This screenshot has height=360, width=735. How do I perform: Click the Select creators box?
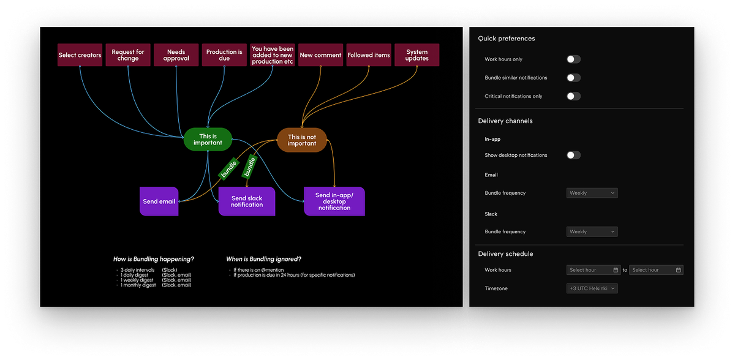[80, 55]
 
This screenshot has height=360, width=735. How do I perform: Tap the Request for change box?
[128, 55]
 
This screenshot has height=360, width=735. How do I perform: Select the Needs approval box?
[176, 55]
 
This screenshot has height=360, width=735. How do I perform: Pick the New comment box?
[320, 55]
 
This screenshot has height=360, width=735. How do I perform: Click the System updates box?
[417, 55]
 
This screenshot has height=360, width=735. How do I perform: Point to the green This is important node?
[208, 140]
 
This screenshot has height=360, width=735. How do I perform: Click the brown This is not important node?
[302, 140]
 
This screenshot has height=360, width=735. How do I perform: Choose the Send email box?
[159, 201]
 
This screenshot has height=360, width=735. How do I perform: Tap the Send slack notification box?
[247, 201]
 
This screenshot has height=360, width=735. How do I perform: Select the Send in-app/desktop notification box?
[334, 201]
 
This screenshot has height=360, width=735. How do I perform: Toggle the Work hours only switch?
[573, 59]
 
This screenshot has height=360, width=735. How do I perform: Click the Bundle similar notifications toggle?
[573, 78]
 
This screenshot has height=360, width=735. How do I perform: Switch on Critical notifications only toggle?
[573, 96]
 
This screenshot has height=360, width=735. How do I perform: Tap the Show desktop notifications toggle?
[573, 155]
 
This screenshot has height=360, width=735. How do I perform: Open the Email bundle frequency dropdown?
[592, 193]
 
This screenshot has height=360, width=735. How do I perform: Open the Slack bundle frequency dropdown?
[592, 231]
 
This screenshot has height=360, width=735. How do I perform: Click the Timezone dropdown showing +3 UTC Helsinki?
[592, 288]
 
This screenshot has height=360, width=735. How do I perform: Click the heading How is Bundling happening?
[154, 259]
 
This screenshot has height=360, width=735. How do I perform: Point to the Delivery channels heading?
[505, 121]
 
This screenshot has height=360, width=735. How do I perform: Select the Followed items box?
[369, 55]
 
